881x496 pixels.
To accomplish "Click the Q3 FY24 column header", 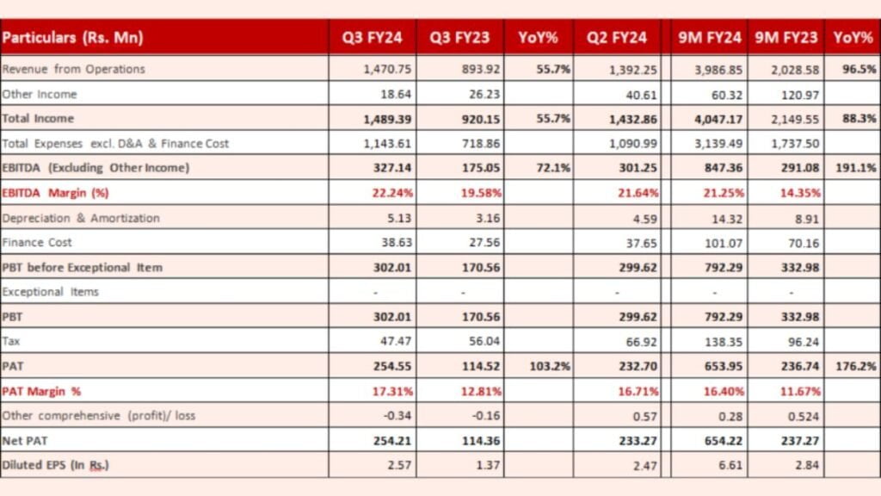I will [369, 38].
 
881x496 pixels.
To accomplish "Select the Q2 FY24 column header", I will [617, 38].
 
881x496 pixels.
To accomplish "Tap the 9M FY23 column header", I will [786, 38].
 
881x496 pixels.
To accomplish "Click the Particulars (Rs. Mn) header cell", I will [73, 38].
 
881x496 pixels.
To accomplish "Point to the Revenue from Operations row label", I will [74, 69].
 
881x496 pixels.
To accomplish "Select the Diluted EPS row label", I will [56, 465].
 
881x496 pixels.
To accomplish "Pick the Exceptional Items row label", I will [51, 292].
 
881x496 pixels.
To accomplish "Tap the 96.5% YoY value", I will [859, 69].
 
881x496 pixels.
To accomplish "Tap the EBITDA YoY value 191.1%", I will [856, 168].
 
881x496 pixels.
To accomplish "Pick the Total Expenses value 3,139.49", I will [716, 144].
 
